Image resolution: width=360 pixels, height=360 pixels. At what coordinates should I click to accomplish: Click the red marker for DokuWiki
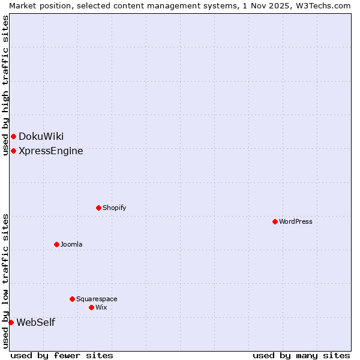coord(13,136)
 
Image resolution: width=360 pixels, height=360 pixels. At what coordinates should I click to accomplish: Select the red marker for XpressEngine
coord(13,151)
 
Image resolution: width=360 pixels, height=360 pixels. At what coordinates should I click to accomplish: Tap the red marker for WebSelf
coord(11,322)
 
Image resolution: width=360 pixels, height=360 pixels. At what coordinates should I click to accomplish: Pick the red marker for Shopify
coord(98,208)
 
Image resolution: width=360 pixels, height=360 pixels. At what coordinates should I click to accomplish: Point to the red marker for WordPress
coord(275,221)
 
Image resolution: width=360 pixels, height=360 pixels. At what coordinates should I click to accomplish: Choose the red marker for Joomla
coord(56,244)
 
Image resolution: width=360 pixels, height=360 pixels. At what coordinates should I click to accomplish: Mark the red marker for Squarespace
coord(72,299)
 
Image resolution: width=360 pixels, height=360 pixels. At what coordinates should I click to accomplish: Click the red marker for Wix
coord(91,307)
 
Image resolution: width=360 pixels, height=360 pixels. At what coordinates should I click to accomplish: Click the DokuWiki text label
coord(41,136)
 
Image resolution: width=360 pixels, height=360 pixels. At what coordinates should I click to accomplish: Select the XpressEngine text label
coord(51,151)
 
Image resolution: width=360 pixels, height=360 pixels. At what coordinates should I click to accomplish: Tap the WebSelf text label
coord(35,322)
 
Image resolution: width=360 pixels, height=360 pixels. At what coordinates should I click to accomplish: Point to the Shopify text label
coord(114,208)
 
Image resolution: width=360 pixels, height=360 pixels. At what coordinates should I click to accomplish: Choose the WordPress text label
coord(296,221)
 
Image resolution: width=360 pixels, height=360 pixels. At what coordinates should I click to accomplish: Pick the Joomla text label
coord(71,244)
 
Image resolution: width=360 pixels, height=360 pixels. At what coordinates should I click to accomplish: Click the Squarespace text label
coord(97,299)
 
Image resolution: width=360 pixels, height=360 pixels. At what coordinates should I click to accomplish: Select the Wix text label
coord(101,307)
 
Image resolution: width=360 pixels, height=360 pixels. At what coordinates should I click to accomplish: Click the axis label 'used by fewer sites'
coord(62,355)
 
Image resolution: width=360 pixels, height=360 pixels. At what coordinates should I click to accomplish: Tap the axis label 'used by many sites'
coord(301,355)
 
